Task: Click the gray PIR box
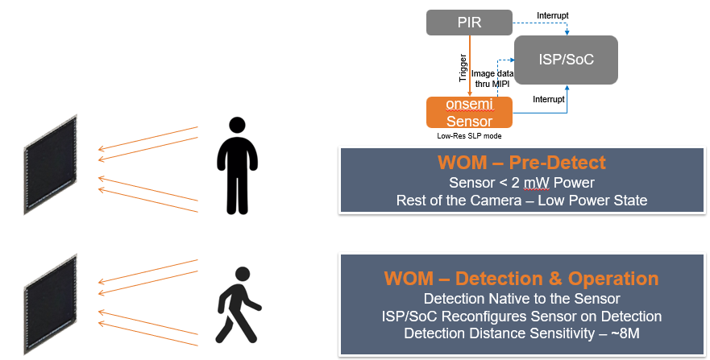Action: (x=469, y=23)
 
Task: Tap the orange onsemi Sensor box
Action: (x=469, y=113)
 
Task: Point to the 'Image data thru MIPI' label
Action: (x=489, y=79)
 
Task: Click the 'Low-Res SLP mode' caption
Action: (x=467, y=135)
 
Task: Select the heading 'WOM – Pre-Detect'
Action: (x=521, y=163)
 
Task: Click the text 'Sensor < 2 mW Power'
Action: (x=521, y=183)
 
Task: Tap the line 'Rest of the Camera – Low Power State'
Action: (x=521, y=201)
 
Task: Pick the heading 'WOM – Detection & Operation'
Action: (x=521, y=279)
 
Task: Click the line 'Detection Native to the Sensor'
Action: (x=521, y=299)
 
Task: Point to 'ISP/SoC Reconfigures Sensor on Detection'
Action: (x=521, y=316)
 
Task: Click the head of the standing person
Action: (x=236, y=126)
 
